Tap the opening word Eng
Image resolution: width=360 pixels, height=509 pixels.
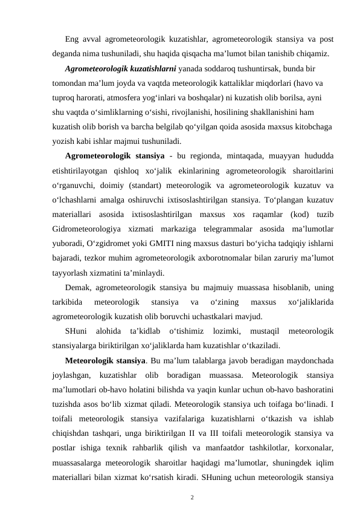click(72, 41)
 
